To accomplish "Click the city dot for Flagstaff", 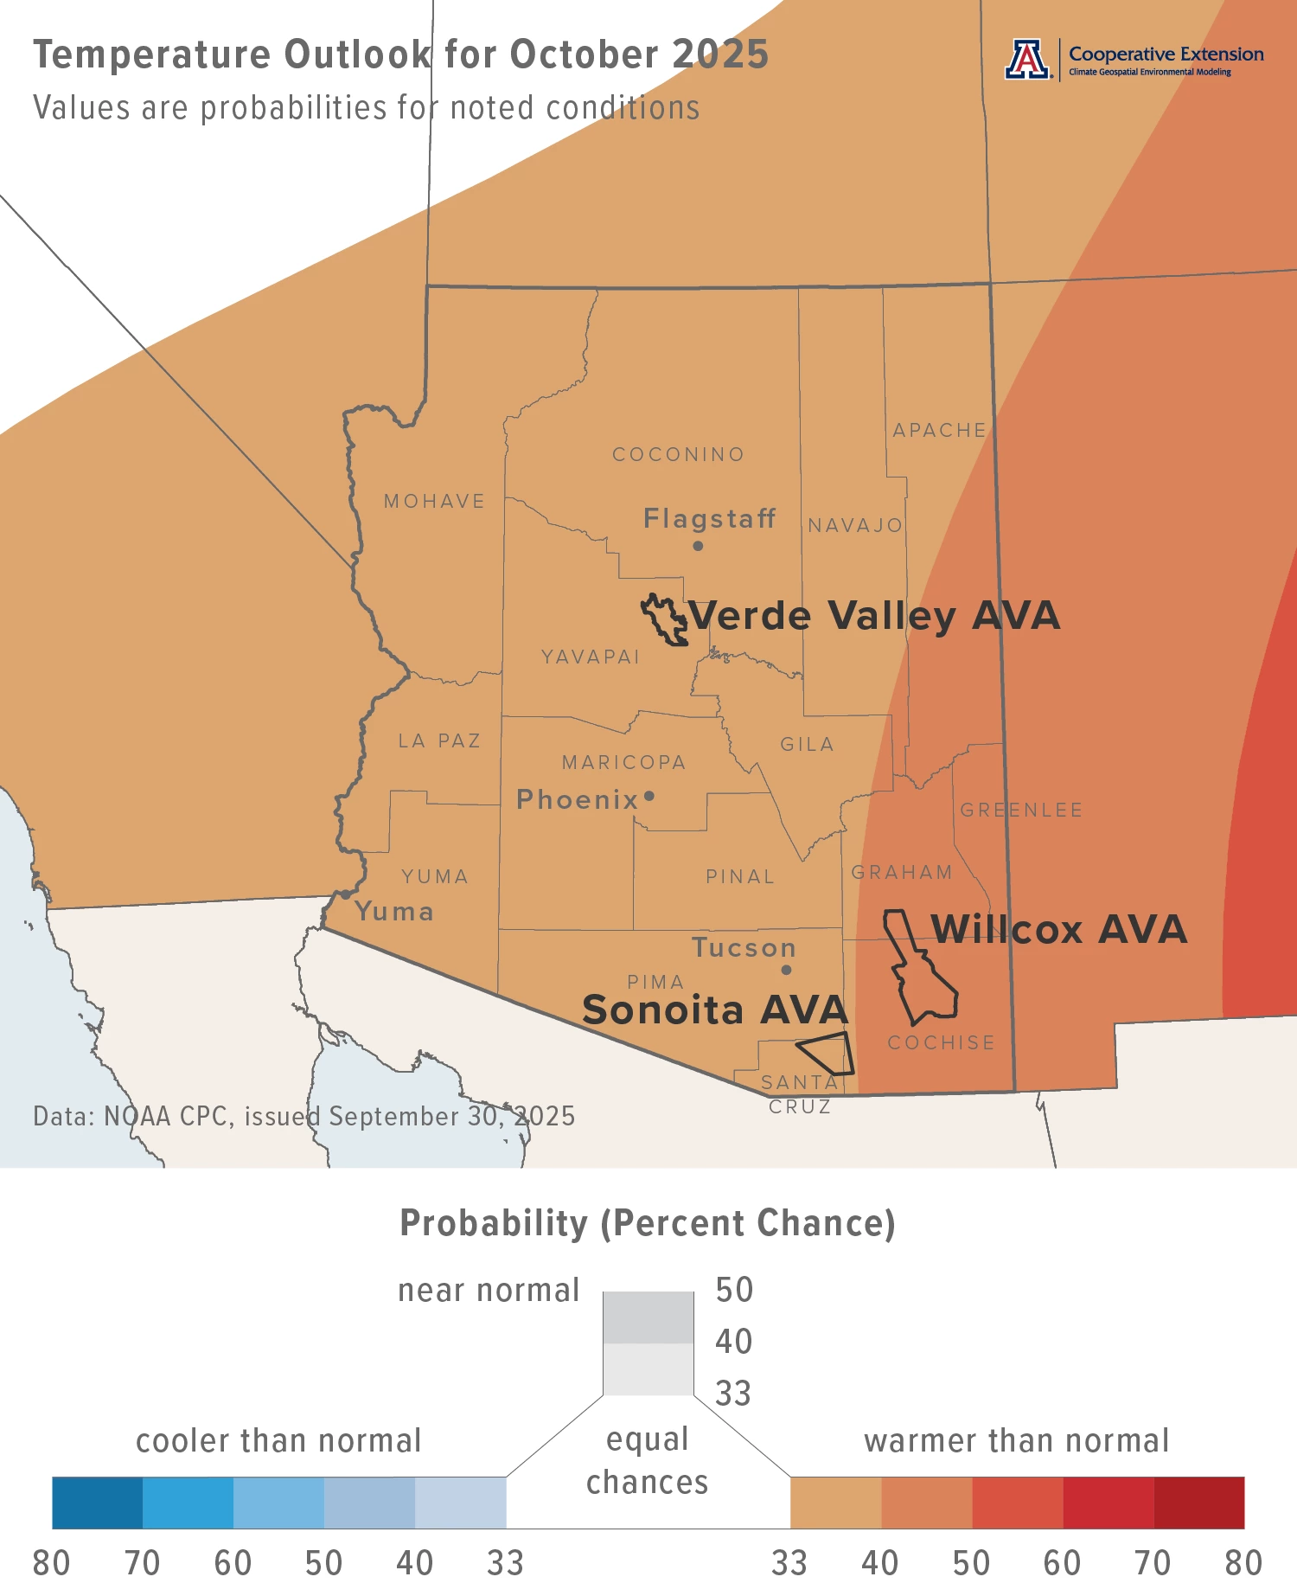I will pyautogui.click(x=698, y=546).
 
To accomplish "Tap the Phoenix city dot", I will pyautogui.click(x=649, y=796).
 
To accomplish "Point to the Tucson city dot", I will pyautogui.click(x=786, y=970).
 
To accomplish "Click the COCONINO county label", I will pyautogui.click(x=678, y=455).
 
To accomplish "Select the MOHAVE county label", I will pyautogui.click(x=434, y=502).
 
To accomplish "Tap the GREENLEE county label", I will pyautogui.click(x=1020, y=811).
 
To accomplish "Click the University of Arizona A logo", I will pyautogui.click(x=1026, y=60).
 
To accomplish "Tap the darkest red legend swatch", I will pyautogui.click(x=1198, y=1503).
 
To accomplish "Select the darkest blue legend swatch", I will pyautogui.click(x=97, y=1503).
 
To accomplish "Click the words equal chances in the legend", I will pyautogui.click(x=647, y=1461).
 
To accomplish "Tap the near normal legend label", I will pyautogui.click(x=488, y=1291).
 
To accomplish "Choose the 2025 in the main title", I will pyautogui.click(x=720, y=54).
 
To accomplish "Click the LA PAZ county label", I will pyautogui.click(x=439, y=741).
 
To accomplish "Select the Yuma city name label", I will pyautogui.click(x=394, y=912).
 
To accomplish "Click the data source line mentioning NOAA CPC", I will pyautogui.click(x=303, y=1117).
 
